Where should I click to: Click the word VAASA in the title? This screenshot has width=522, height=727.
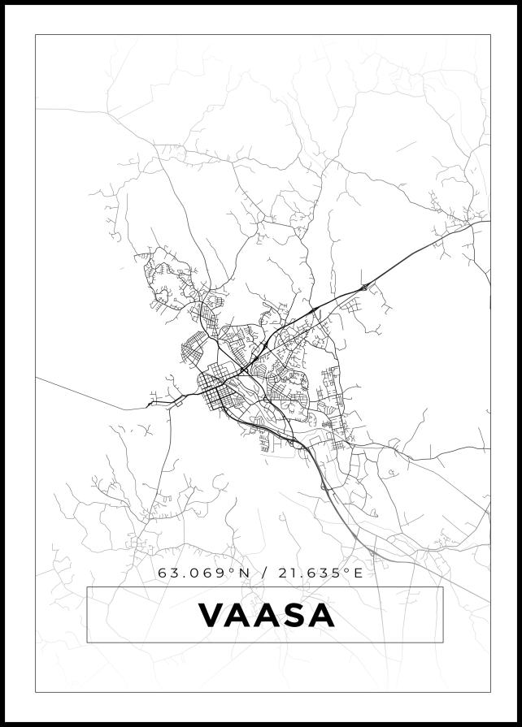coord(266,615)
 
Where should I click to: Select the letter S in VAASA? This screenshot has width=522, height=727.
coord(293,615)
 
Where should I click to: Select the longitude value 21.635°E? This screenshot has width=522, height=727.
coord(320,573)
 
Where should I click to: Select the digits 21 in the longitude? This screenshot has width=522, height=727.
coord(286,573)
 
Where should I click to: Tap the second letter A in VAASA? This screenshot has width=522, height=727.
coord(265,615)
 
